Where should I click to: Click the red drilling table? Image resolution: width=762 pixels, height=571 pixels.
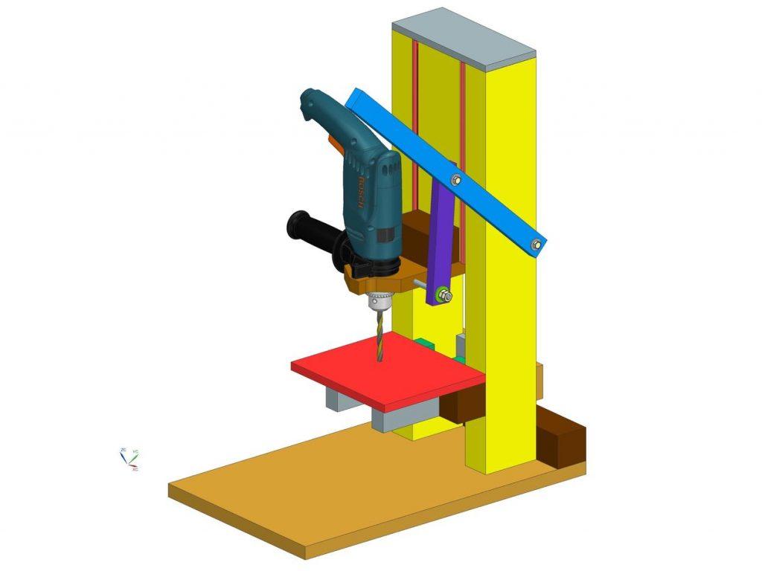coord(387,368)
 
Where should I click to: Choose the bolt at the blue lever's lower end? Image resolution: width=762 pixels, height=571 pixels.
coord(536,244)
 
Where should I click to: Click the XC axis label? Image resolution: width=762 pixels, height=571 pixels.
coord(135,470)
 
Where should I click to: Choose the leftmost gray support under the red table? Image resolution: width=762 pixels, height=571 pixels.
coord(339,401)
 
